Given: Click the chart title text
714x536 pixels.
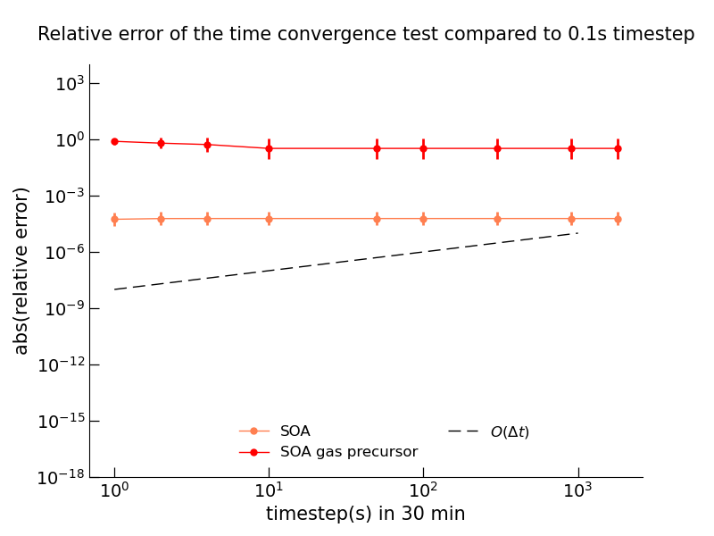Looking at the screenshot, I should click(366, 35).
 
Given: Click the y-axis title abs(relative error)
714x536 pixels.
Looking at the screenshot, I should click(22, 271).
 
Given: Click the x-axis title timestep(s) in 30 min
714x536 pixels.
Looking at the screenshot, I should click(366, 514).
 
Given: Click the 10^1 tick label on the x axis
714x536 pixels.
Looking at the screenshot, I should click(269, 490).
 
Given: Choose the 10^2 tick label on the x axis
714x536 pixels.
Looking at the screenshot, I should click(423, 490).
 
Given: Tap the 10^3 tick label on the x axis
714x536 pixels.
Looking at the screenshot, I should click(577, 490).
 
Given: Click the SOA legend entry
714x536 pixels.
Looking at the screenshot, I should click(295, 431).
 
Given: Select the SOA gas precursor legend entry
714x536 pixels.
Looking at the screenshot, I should click(348, 452).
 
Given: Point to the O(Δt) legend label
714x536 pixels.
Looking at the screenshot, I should click(510, 432).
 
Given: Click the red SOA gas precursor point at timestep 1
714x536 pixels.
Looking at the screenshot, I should click(114, 141).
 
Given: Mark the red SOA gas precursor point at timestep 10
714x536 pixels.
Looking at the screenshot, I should click(269, 148).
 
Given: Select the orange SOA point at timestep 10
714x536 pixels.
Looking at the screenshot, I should click(269, 219).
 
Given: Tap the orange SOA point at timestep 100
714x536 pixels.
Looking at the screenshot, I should click(423, 219).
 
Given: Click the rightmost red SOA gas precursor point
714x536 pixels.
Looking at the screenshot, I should click(618, 148).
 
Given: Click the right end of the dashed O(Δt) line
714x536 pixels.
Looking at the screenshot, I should click(577, 233).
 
